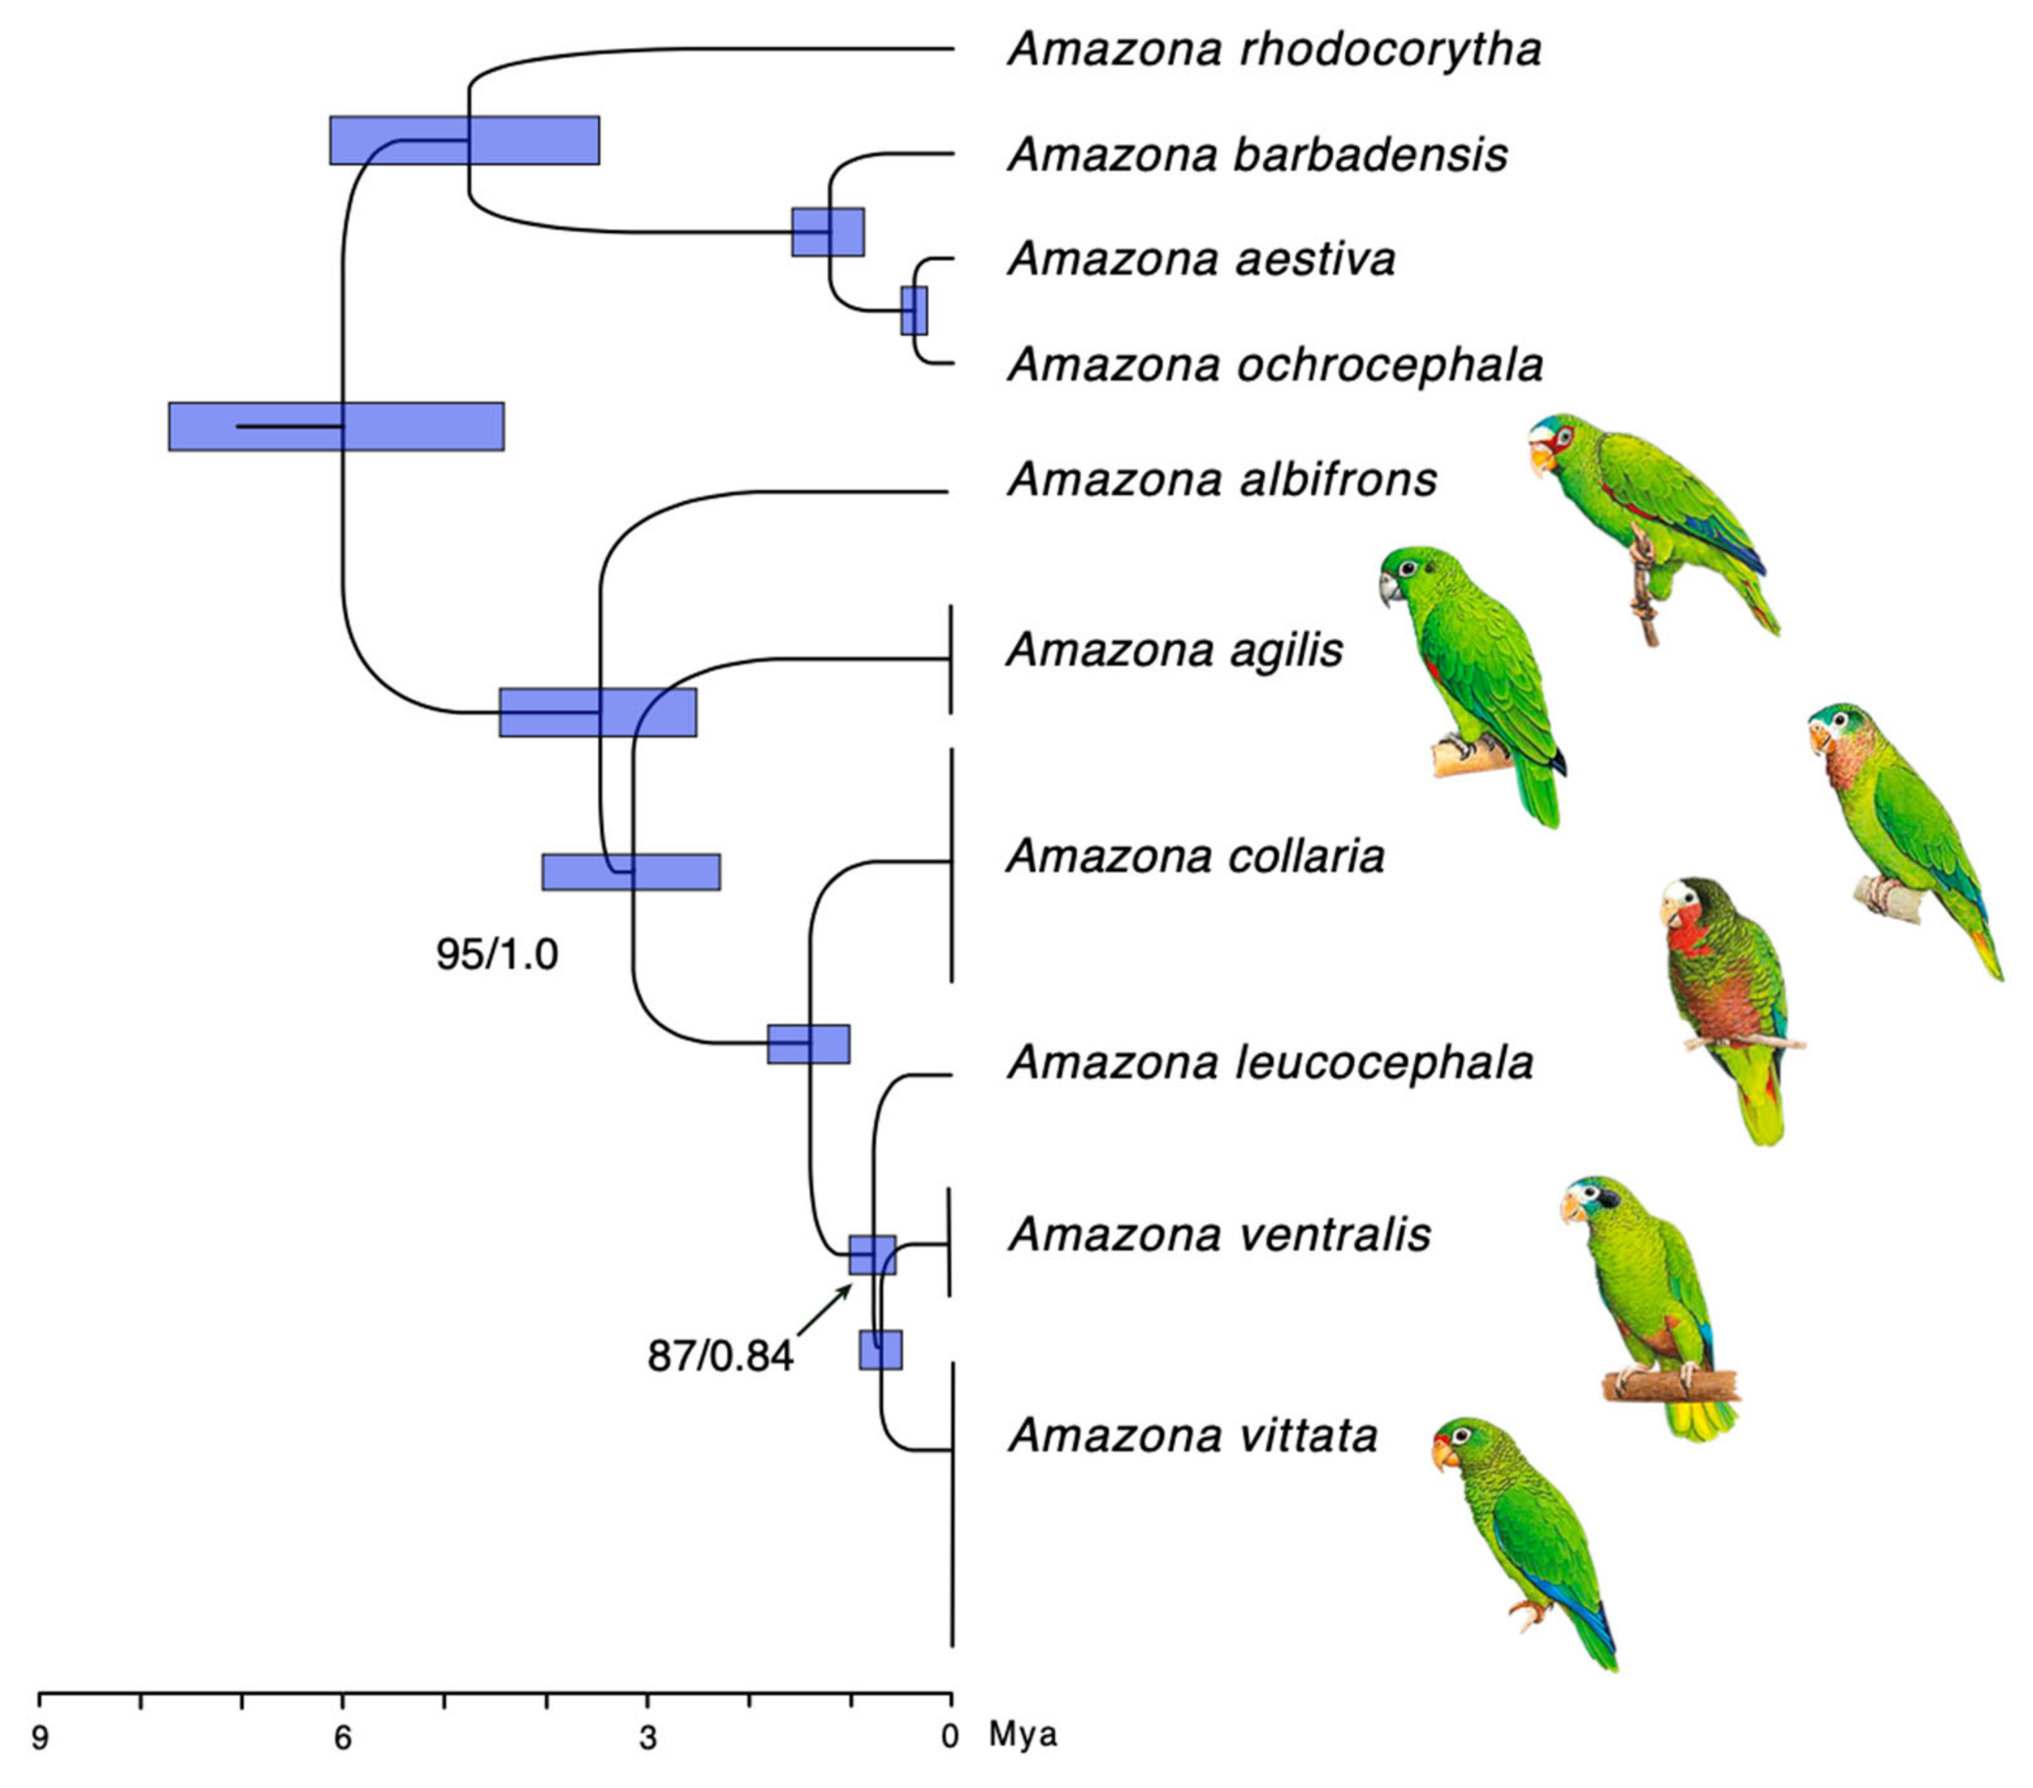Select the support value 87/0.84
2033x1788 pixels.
pyautogui.click(x=720, y=1355)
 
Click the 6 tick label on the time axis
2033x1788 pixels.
pyautogui.click(x=342, y=1738)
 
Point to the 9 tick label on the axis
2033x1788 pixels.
pyautogui.click(x=39, y=1738)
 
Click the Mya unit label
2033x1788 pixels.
pyautogui.click(x=1023, y=1735)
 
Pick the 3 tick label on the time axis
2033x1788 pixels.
pyautogui.click(x=646, y=1738)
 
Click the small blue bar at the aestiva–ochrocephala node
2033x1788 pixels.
pyautogui.click(x=914, y=310)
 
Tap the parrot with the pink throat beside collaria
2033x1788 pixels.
pyautogui.click(x=1890, y=825)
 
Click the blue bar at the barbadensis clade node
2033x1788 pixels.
pyautogui.click(x=827, y=232)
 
